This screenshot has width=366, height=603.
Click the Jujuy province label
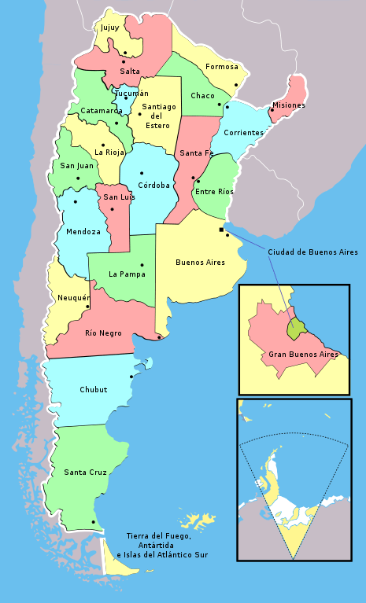[109, 28]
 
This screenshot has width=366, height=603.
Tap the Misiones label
[289, 105]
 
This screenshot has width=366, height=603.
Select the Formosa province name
[221, 67]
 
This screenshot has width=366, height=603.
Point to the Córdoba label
[153, 186]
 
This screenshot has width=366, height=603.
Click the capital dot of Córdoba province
[142, 173]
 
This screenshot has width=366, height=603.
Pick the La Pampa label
[127, 274]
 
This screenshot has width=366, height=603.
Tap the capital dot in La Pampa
[142, 264]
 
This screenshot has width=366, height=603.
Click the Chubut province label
[94, 390]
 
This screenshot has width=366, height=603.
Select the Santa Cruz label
[86, 472]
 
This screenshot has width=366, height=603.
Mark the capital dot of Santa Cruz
[94, 522]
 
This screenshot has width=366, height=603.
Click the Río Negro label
[103, 333]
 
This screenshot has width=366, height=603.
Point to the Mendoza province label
[83, 232]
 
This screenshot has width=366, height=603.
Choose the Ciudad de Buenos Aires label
[312, 252]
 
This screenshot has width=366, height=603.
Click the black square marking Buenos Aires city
[221, 230]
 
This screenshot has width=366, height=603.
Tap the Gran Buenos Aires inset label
[303, 355]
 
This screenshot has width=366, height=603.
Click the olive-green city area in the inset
[295, 329]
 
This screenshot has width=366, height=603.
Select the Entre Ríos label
[214, 192]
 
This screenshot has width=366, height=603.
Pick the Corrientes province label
[243, 133]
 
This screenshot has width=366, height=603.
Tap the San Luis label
[119, 197]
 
